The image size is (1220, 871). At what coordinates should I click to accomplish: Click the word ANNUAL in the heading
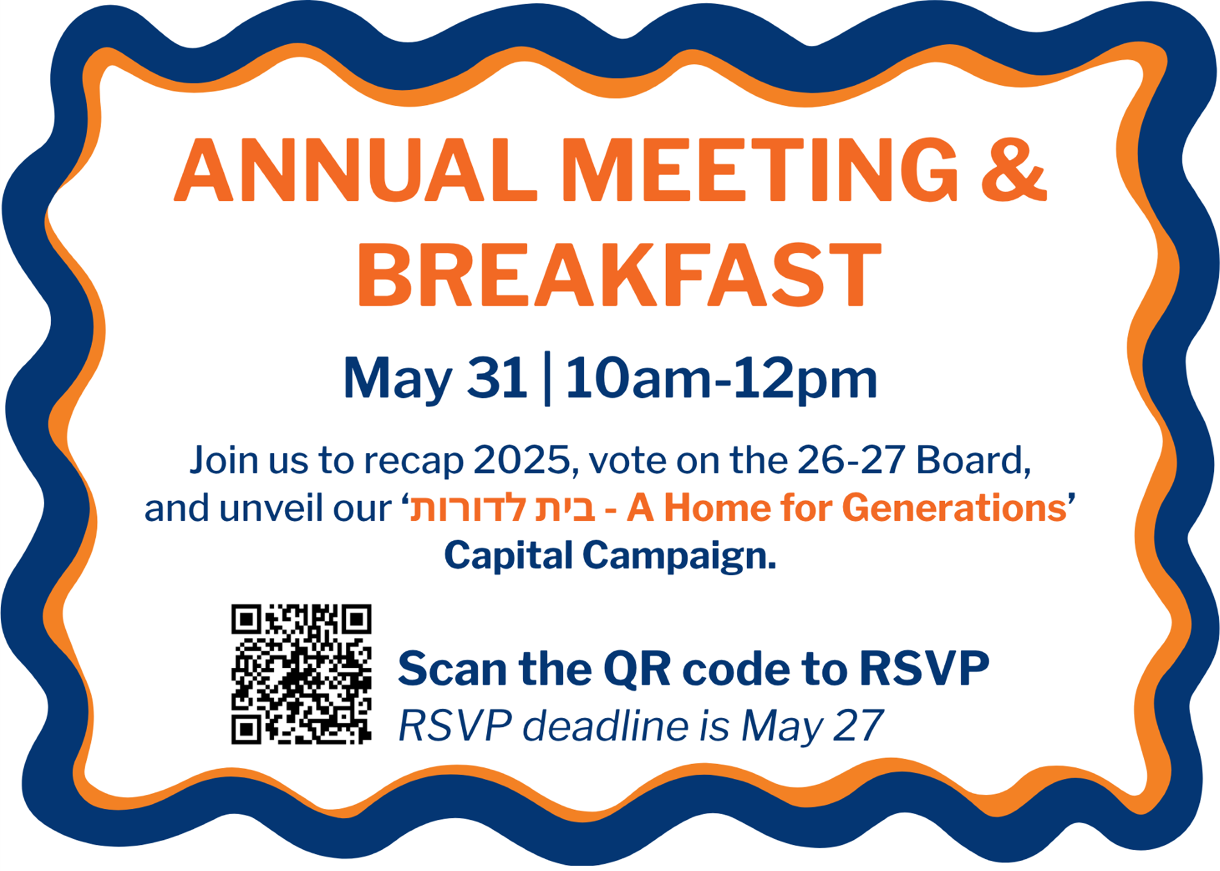coord(355,170)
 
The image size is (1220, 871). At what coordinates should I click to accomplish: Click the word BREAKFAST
coord(619,274)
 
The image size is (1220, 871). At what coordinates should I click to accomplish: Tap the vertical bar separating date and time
coord(547,378)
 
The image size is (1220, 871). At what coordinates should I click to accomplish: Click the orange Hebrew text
coord(502,508)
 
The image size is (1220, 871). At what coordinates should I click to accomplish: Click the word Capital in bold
coord(509,556)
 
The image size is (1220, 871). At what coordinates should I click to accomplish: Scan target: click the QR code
coord(301,674)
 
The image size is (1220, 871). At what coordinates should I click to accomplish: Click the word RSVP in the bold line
coord(924,669)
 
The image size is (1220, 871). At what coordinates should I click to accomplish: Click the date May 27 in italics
coord(813,727)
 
